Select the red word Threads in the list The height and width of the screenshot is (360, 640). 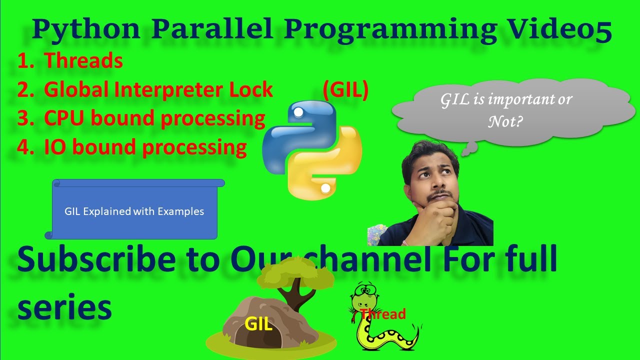[x=83, y=61]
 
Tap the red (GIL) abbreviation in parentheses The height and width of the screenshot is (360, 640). [x=345, y=90]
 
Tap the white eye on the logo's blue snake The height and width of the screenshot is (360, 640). [x=298, y=113]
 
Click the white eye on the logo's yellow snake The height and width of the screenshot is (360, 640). [x=325, y=188]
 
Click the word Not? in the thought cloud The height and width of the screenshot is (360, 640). [x=505, y=121]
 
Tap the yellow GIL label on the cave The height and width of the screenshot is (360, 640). [x=258, y=324]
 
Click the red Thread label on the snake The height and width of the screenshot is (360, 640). [x=382, y=314]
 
